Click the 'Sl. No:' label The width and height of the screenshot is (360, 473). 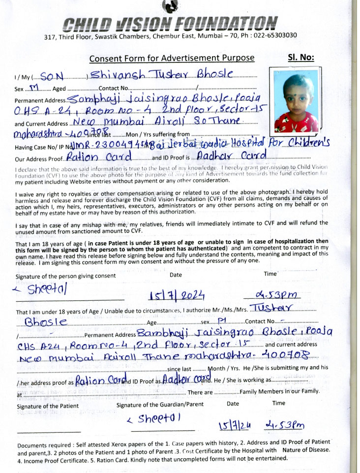click(x=300, y=58)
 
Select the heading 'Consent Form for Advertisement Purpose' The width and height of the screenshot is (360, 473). click(x=172, y=58)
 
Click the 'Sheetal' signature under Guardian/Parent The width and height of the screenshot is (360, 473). click(x=154, y=419)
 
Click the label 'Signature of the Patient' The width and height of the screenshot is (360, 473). click(x=47, y=406)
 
